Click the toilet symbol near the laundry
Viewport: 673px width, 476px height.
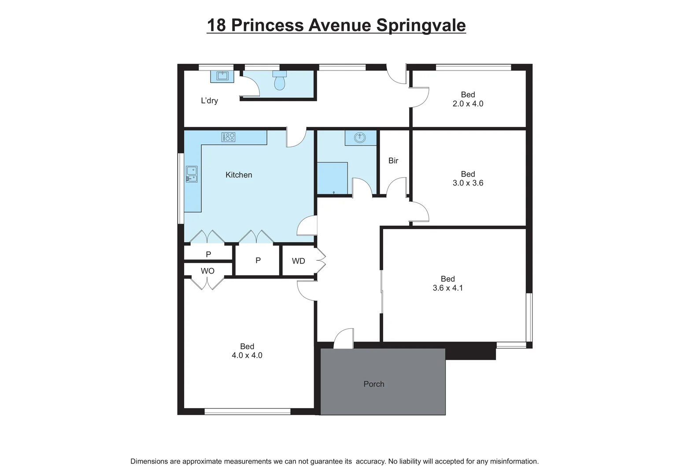(280, 81)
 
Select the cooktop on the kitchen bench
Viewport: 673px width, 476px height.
(228, 137)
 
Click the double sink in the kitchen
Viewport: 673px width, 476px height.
(192, 174)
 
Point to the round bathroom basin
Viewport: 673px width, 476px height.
(360, 138)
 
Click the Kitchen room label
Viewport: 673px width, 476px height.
(239, 175)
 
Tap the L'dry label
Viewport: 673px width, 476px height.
(209, 100)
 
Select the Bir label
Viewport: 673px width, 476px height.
(393, 161)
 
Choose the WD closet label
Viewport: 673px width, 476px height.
(298, 261)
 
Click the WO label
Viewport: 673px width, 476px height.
(207, 271)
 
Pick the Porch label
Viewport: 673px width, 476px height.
(373, 384)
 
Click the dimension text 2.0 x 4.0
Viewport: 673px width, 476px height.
(468, 104)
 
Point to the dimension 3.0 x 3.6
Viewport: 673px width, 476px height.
(468, 183)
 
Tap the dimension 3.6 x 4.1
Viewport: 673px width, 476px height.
(447, 288)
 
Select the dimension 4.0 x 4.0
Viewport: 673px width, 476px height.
(247, 356)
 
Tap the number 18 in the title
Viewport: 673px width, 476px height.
(216, 25)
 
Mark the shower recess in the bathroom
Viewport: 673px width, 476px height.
(333, 178)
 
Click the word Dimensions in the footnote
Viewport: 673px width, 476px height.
(149, 461)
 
